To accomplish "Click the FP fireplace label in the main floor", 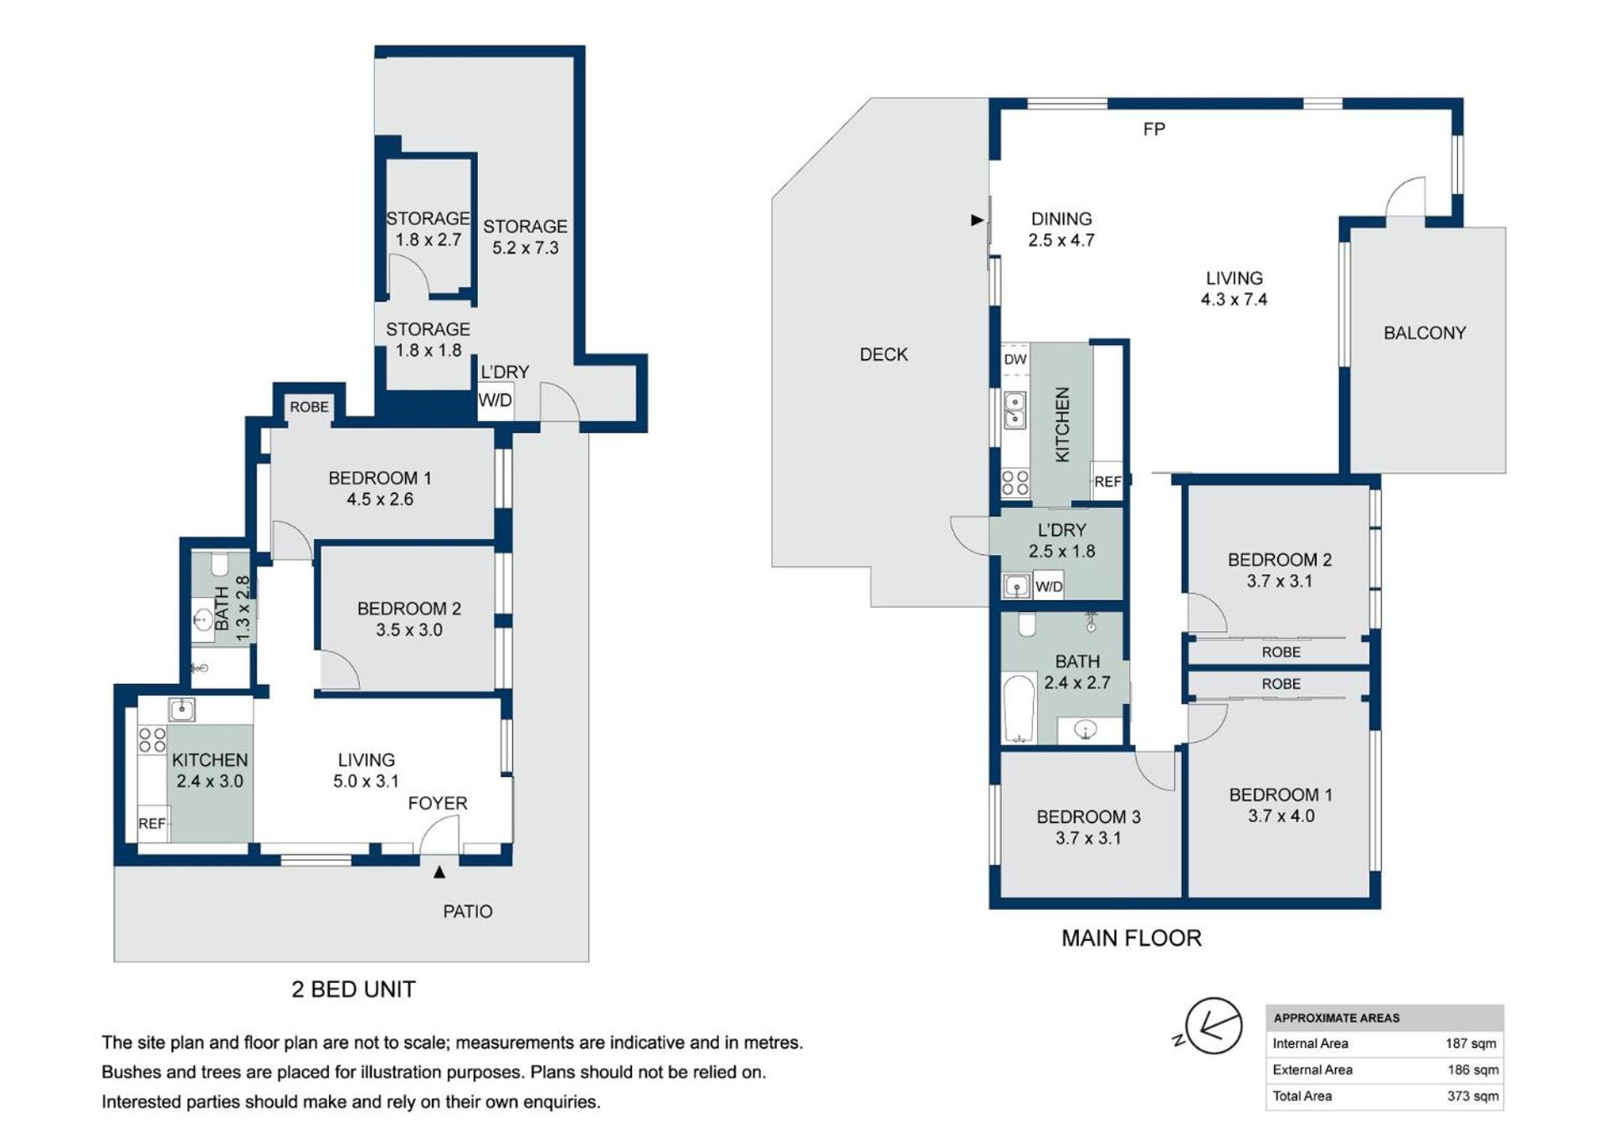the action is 1153,129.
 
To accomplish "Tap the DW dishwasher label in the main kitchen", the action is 1014,359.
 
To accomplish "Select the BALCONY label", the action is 1425,333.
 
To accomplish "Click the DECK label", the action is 883,354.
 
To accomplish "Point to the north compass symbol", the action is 1211,1025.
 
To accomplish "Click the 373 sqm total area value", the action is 1472,1096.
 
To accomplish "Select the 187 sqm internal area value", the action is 1471,1043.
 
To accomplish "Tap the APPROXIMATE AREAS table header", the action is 1336,1018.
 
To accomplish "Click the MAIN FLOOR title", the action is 1131,938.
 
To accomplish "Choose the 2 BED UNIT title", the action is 353,990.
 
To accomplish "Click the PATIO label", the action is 467,912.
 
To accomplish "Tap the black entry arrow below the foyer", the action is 439,872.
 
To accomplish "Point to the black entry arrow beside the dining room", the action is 977,220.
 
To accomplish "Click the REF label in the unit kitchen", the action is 151,824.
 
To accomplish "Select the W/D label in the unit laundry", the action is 495,400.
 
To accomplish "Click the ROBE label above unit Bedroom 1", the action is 309,407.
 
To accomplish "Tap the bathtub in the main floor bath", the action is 1019,709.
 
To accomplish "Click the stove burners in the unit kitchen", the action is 152,740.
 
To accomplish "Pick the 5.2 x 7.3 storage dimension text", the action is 525,248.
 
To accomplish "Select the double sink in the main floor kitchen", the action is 1014,410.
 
